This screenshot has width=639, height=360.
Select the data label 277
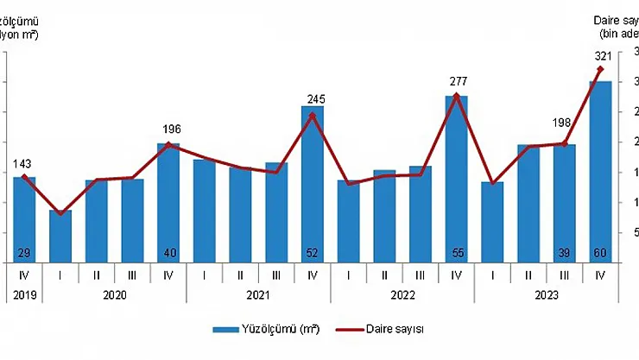(x=457, y=81)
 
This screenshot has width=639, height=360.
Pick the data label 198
(x=565, y=129)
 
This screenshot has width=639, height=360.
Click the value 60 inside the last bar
(x=600, y=251)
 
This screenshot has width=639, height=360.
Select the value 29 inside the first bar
(x=24, y=251)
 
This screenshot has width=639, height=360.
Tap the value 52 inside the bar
(x=312, y=251)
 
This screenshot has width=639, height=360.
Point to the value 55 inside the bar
(x=457, y=251)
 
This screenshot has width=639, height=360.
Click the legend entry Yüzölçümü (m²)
(x=256, y=330)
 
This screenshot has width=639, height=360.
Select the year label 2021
(x=258, y=294)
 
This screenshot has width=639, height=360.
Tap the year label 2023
(x=546, y=294)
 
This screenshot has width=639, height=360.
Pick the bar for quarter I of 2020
(x=60, y=235)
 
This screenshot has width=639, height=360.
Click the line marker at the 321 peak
(x=600, y=69)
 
